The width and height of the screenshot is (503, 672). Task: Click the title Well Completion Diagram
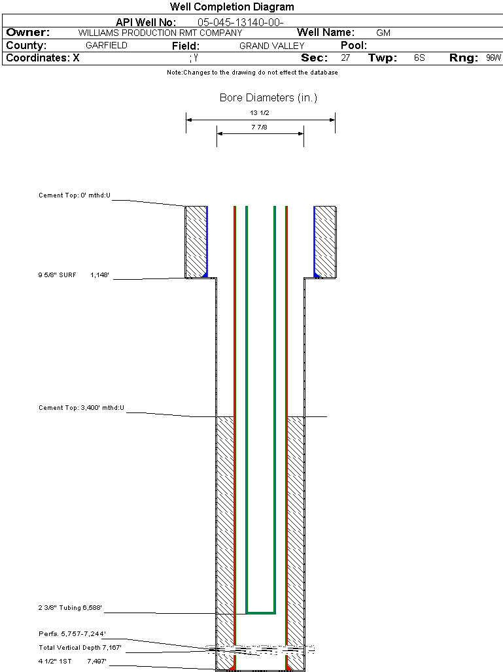(232, 7)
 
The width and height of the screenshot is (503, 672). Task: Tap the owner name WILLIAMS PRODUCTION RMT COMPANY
(160, 33)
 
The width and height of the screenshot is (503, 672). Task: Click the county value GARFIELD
(107, 46)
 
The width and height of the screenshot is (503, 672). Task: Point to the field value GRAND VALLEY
(272, 46)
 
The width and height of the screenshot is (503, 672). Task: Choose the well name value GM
(383, 33)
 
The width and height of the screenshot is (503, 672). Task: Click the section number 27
(345, 58)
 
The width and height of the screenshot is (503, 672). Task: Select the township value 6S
(419, 58)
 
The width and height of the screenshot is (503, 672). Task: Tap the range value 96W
(493, 58)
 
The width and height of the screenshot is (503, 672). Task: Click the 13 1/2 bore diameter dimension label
(260, 112)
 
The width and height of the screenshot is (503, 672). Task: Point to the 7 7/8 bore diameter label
(260, 127)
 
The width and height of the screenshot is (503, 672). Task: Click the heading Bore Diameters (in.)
(268, 98)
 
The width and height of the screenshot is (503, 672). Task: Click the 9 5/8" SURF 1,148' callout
(73, 275)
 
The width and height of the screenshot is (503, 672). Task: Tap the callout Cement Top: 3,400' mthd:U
(81, 408)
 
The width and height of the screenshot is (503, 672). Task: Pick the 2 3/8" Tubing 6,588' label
(70, 609)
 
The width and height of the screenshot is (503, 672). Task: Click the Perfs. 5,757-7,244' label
(72, 634)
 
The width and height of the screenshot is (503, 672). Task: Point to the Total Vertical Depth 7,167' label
(80, 648)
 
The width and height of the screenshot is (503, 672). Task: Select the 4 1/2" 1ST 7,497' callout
(72, 662)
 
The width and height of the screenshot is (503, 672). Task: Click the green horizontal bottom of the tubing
(260, 613)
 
